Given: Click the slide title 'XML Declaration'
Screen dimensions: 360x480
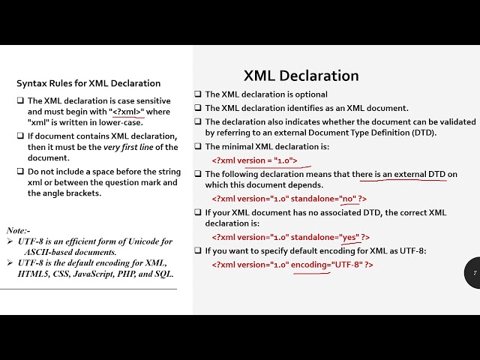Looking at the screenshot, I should click(x=301, y=76).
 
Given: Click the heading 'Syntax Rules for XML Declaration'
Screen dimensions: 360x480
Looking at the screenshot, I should click(x=88, y=83).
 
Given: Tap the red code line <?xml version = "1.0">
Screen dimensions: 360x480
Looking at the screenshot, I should click(x=254, y=160).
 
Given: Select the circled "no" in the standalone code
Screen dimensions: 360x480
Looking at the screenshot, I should click(x=348, y=199).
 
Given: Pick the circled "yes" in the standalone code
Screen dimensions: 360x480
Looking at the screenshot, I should click(x=349, y=238).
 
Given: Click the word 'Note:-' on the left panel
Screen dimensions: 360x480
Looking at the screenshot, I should click(x=16, y=230).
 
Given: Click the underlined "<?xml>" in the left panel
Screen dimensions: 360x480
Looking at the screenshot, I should click(x=127, y=112).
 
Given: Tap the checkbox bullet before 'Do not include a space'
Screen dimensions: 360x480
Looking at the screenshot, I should click(x=20, y=171).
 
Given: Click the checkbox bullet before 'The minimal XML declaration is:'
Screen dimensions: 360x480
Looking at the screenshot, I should click(x=198, y=147).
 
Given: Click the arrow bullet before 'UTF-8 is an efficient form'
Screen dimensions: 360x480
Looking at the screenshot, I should click(x=10, y=241).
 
